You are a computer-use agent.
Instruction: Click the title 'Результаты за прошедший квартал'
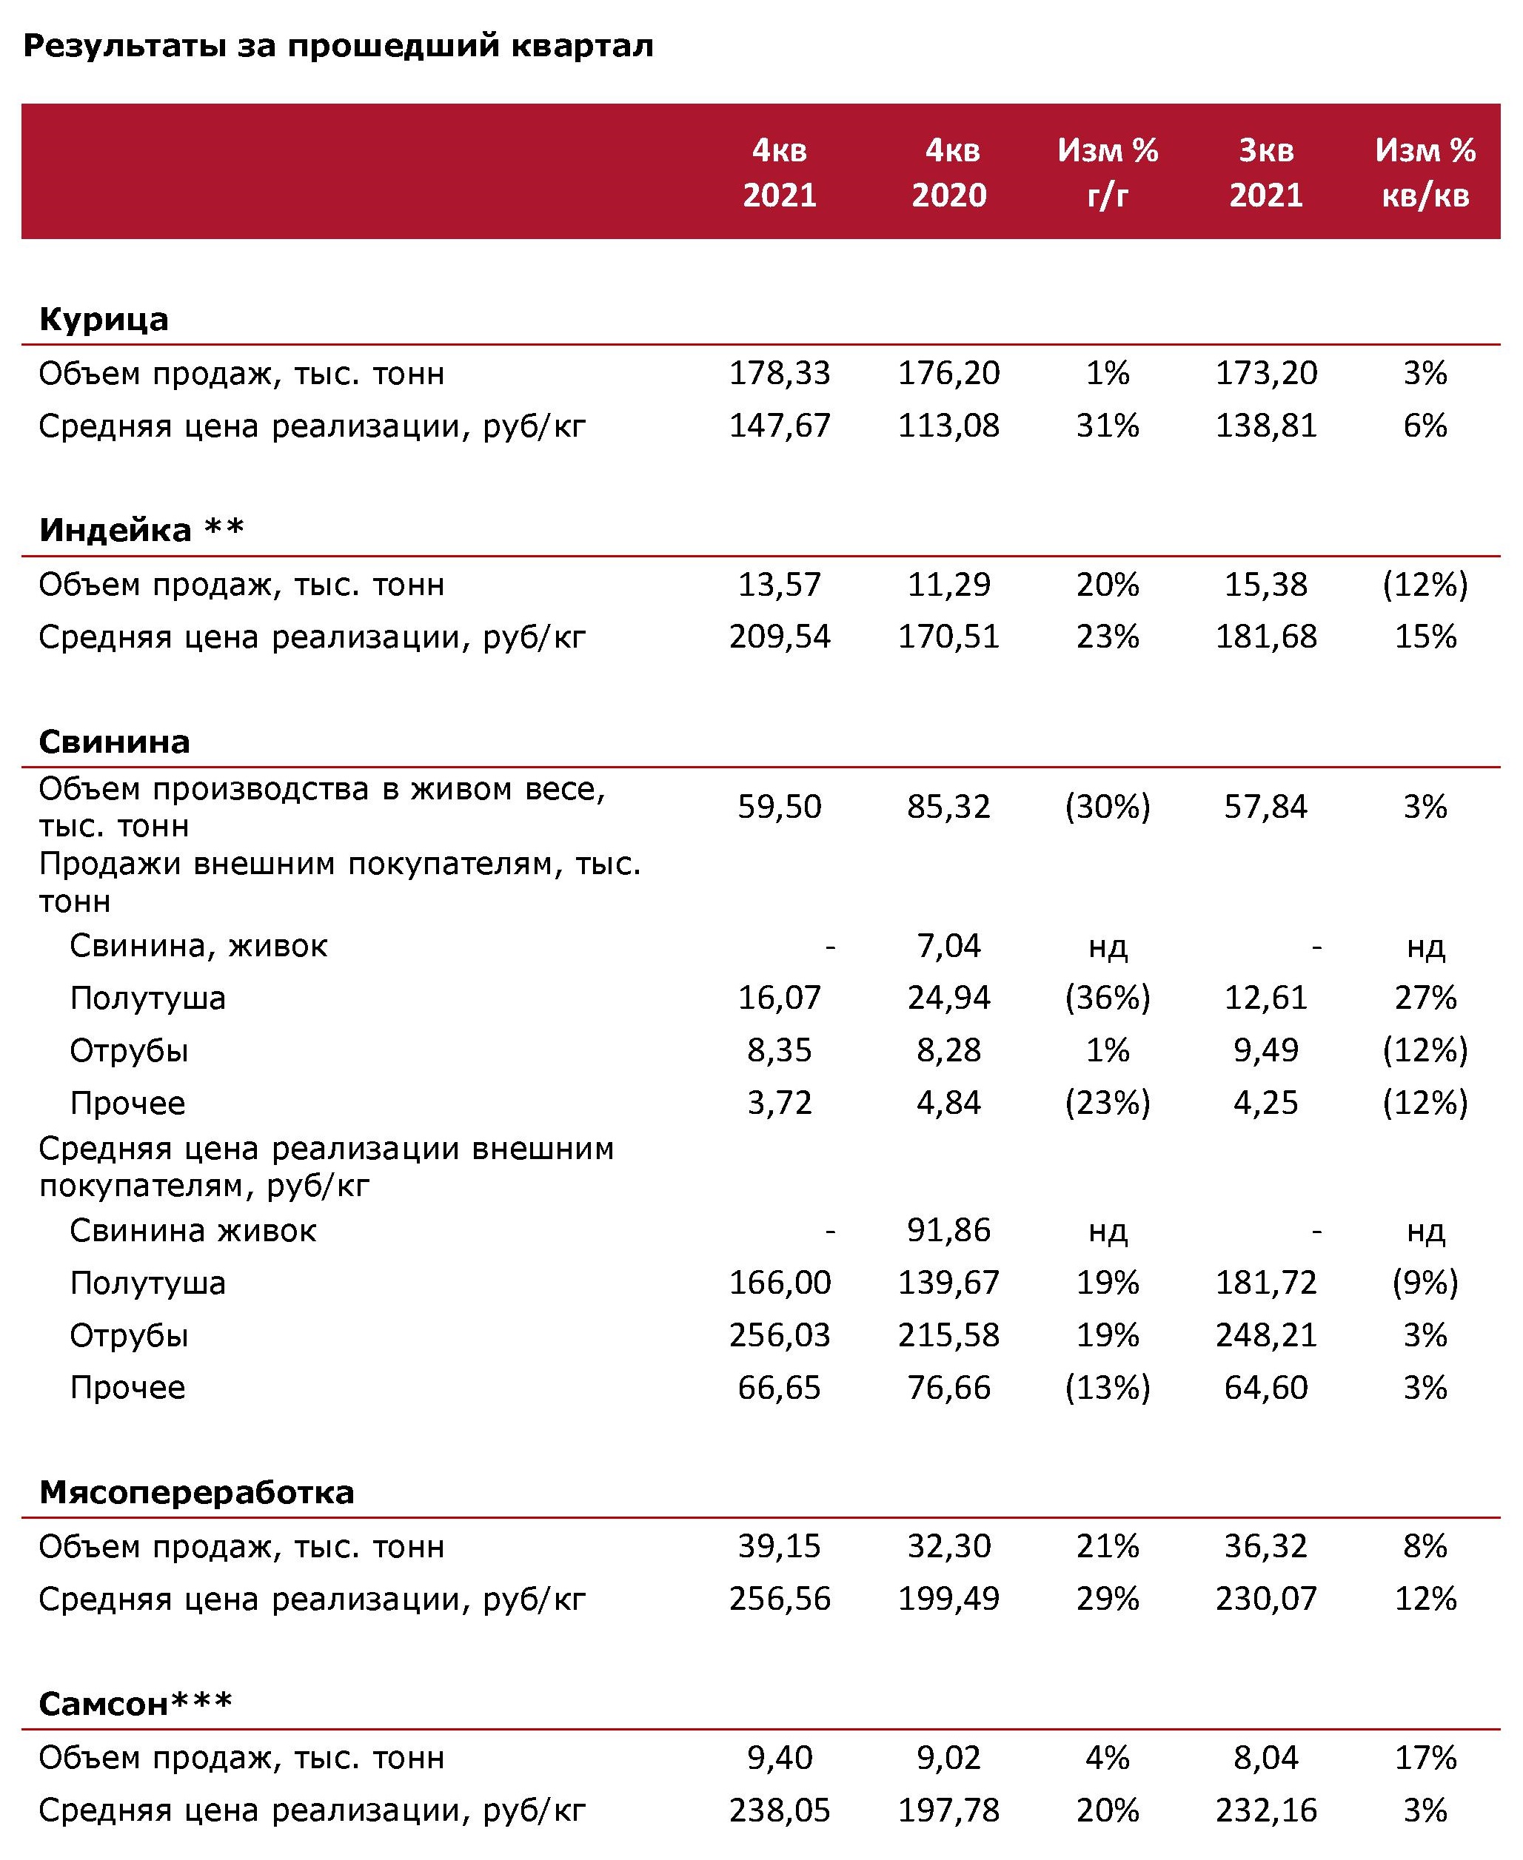338,46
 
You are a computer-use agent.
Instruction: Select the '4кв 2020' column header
948,172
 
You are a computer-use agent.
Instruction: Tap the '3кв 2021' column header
1265,172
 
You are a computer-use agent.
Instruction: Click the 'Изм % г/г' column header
1107,172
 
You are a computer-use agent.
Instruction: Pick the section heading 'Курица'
104,319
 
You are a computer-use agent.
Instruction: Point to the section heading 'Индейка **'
141,531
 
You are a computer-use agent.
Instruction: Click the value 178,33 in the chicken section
779,374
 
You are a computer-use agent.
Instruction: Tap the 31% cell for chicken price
1107,426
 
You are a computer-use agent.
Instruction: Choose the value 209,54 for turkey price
779,637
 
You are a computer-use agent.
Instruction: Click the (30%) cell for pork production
1107,807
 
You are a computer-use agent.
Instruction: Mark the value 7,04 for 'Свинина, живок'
948,946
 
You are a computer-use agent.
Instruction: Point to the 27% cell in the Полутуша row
1425,998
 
